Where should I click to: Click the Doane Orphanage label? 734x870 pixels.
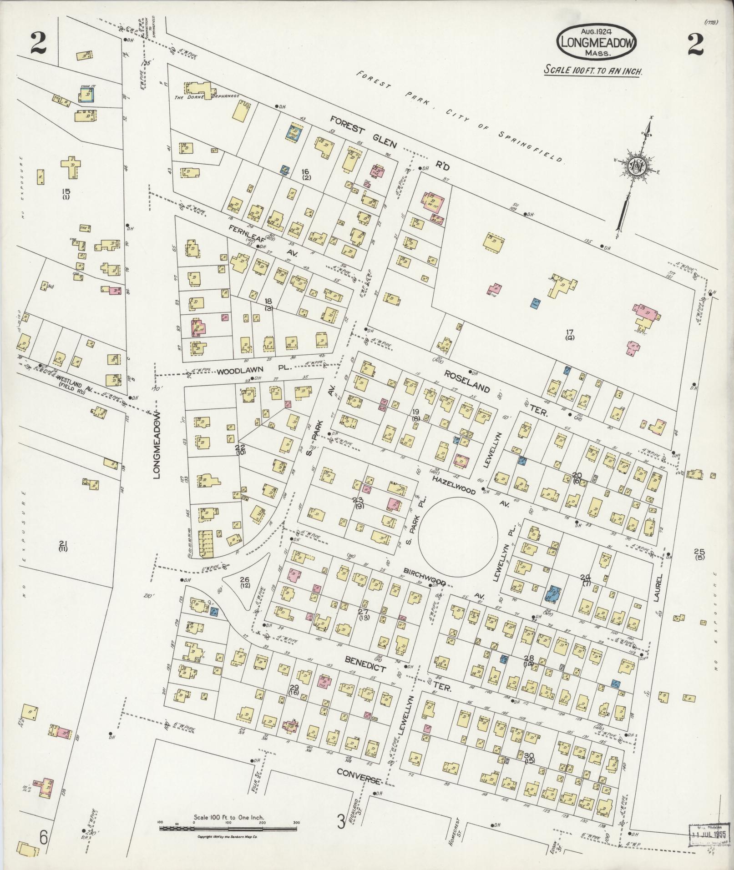click(208, 96)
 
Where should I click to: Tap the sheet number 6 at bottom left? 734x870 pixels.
click(43, 837)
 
